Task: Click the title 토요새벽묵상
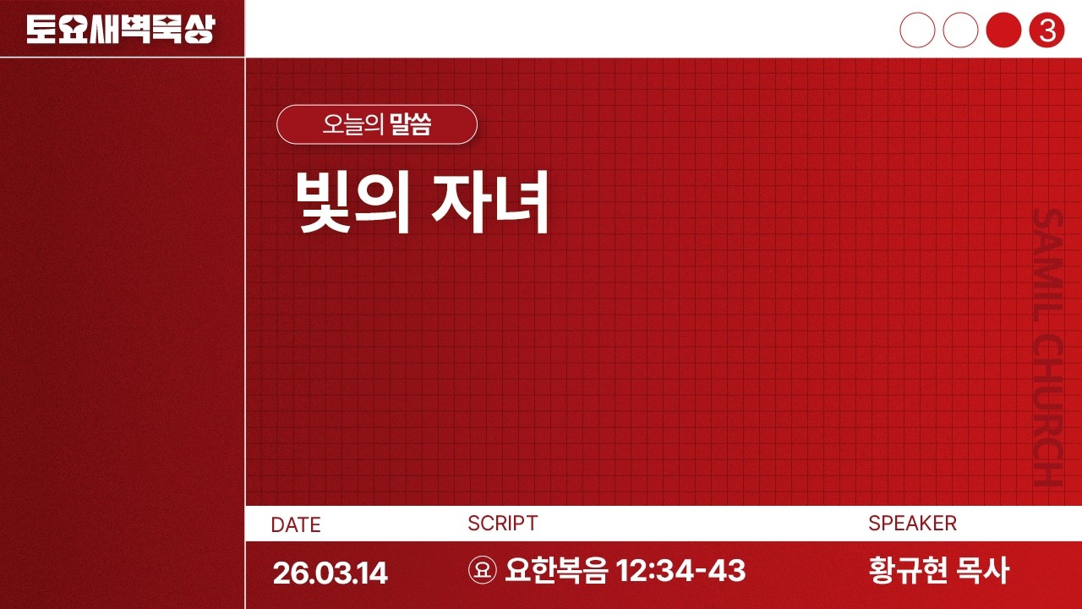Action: pyautogui.click(x=120, y=30)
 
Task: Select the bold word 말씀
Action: pyautogui.click(x=411, y=125)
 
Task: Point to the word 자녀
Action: pyautogui.click(x=491, y=203)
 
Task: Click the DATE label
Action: pyautogui.click(x=296, y=524)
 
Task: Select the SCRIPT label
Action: pyautogui.click(x=502, y=524)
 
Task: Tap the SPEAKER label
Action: pyautogui.click(x=912, y=524)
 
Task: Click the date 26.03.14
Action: pyautogui.click(x=330, y=573)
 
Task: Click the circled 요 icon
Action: pyautogui.click(x=482, y=571)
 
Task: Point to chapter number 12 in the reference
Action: pyautogui.click(x=632, y=571)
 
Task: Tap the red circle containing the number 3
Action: pyautogui.click(x=1046, y=30)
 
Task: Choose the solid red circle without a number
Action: pyautogui.click(x=1003, y=30)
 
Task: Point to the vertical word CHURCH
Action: pyautogui.click(x=1047, y=410)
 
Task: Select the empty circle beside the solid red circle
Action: pyautogui.click(x=960, y=30)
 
